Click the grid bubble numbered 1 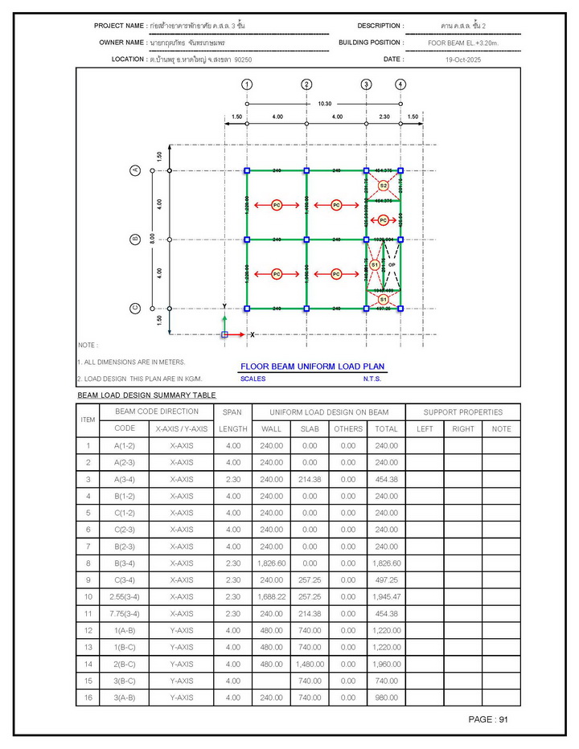click(x=247, y=84)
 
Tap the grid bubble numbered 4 click(x=400, y=84)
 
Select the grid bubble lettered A click(x=136, y=170)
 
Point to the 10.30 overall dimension click(x=324, y=103)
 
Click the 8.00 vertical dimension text click(x=152, y=239)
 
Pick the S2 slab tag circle click(x=384, y=186)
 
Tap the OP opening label click(x=392, y=264)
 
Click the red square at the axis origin click(x=225, y=334)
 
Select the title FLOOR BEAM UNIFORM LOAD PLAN click(x=313, y=366)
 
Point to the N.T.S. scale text click(x=372, y=379)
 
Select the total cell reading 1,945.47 click(x=386, y=596)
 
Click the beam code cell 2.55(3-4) click(x=125, y=596)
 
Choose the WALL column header click(x=272, y=429)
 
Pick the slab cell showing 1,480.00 click(x=310, y=664)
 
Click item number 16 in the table click(x=88, y=698)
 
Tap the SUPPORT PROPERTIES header click(x=463, y=412)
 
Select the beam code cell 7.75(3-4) click(x=125, y=613)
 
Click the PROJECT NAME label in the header click(x=120, y=27)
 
